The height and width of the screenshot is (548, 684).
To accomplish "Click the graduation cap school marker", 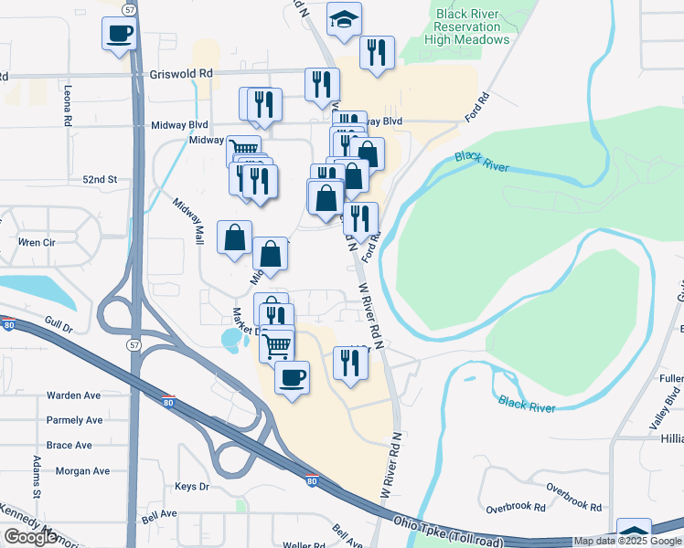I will point(344,20).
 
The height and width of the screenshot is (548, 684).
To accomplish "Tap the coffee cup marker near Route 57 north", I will point(120,35).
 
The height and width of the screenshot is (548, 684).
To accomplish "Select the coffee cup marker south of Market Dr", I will point(292,378).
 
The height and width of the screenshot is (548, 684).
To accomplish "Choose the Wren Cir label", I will point(37,242).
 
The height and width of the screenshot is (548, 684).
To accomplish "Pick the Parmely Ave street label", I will point(75,420).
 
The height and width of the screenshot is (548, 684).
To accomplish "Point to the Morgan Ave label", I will point(82,471).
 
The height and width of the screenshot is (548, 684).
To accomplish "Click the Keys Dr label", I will point(192,487).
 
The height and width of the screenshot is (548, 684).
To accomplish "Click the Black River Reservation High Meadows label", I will point(472,26).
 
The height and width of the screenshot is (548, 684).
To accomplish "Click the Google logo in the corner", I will point(30,537).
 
